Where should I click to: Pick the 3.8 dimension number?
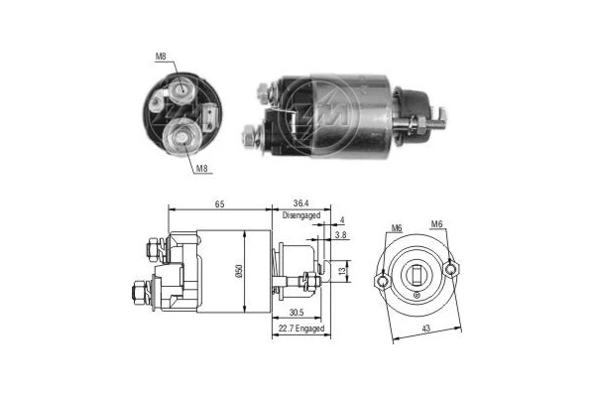339,236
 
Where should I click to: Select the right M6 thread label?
436,223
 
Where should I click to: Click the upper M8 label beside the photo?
161,57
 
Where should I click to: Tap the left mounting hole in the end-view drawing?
383,281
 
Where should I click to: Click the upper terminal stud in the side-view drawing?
153,248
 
